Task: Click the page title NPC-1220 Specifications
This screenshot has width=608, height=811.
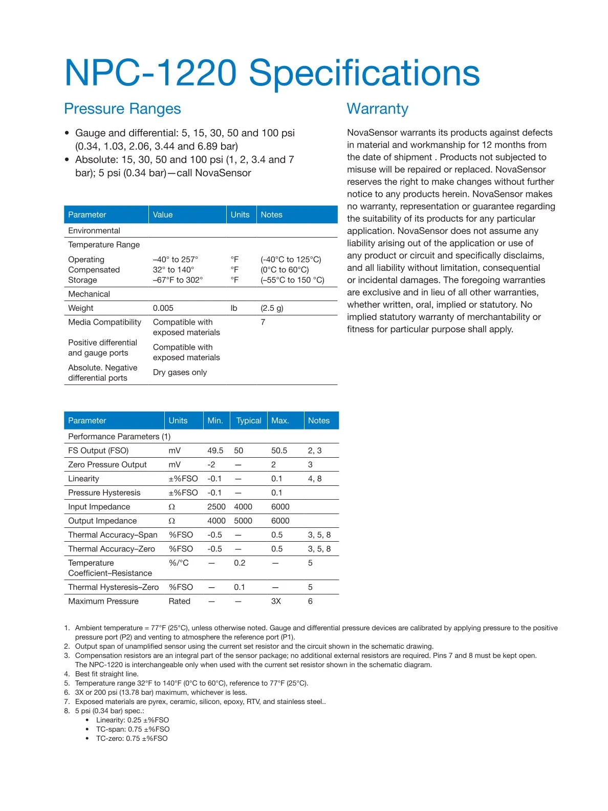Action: (x=272, y=73)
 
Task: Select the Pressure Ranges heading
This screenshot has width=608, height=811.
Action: (x=122, y=109)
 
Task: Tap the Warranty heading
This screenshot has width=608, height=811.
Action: (x=377, y=109)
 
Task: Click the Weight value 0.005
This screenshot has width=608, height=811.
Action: (x=163, y=308)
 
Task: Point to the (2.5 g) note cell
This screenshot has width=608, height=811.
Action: (x=272, y=308)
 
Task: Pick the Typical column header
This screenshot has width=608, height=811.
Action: (x=248, y=420)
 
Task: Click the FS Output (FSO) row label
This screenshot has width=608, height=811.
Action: (x=98, y=451)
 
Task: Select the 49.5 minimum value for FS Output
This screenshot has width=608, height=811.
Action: (x=215, y=451)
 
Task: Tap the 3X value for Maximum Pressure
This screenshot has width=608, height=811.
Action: (x=276, y=601)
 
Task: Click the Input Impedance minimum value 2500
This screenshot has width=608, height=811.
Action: (x=216, y=506)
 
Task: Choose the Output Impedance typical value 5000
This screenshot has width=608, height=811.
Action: (x=243, y=521)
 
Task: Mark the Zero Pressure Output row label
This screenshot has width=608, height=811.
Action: (x=107, y=464)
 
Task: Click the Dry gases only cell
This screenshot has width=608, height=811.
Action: (x=180, y=372)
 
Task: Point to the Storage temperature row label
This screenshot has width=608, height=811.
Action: (x=82, y=280)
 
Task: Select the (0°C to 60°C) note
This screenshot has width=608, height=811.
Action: (x=285, y=269)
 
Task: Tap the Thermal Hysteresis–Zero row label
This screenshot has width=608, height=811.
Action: (x=113, y=587)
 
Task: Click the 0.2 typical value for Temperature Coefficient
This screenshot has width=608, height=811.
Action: (x=240, y=563)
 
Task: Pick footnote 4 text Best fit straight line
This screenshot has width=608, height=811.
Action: (x=106, y=674)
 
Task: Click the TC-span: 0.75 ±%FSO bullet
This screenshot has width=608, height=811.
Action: (x=133, y=729)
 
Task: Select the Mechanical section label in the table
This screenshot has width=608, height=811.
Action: (x=89, y=294)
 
